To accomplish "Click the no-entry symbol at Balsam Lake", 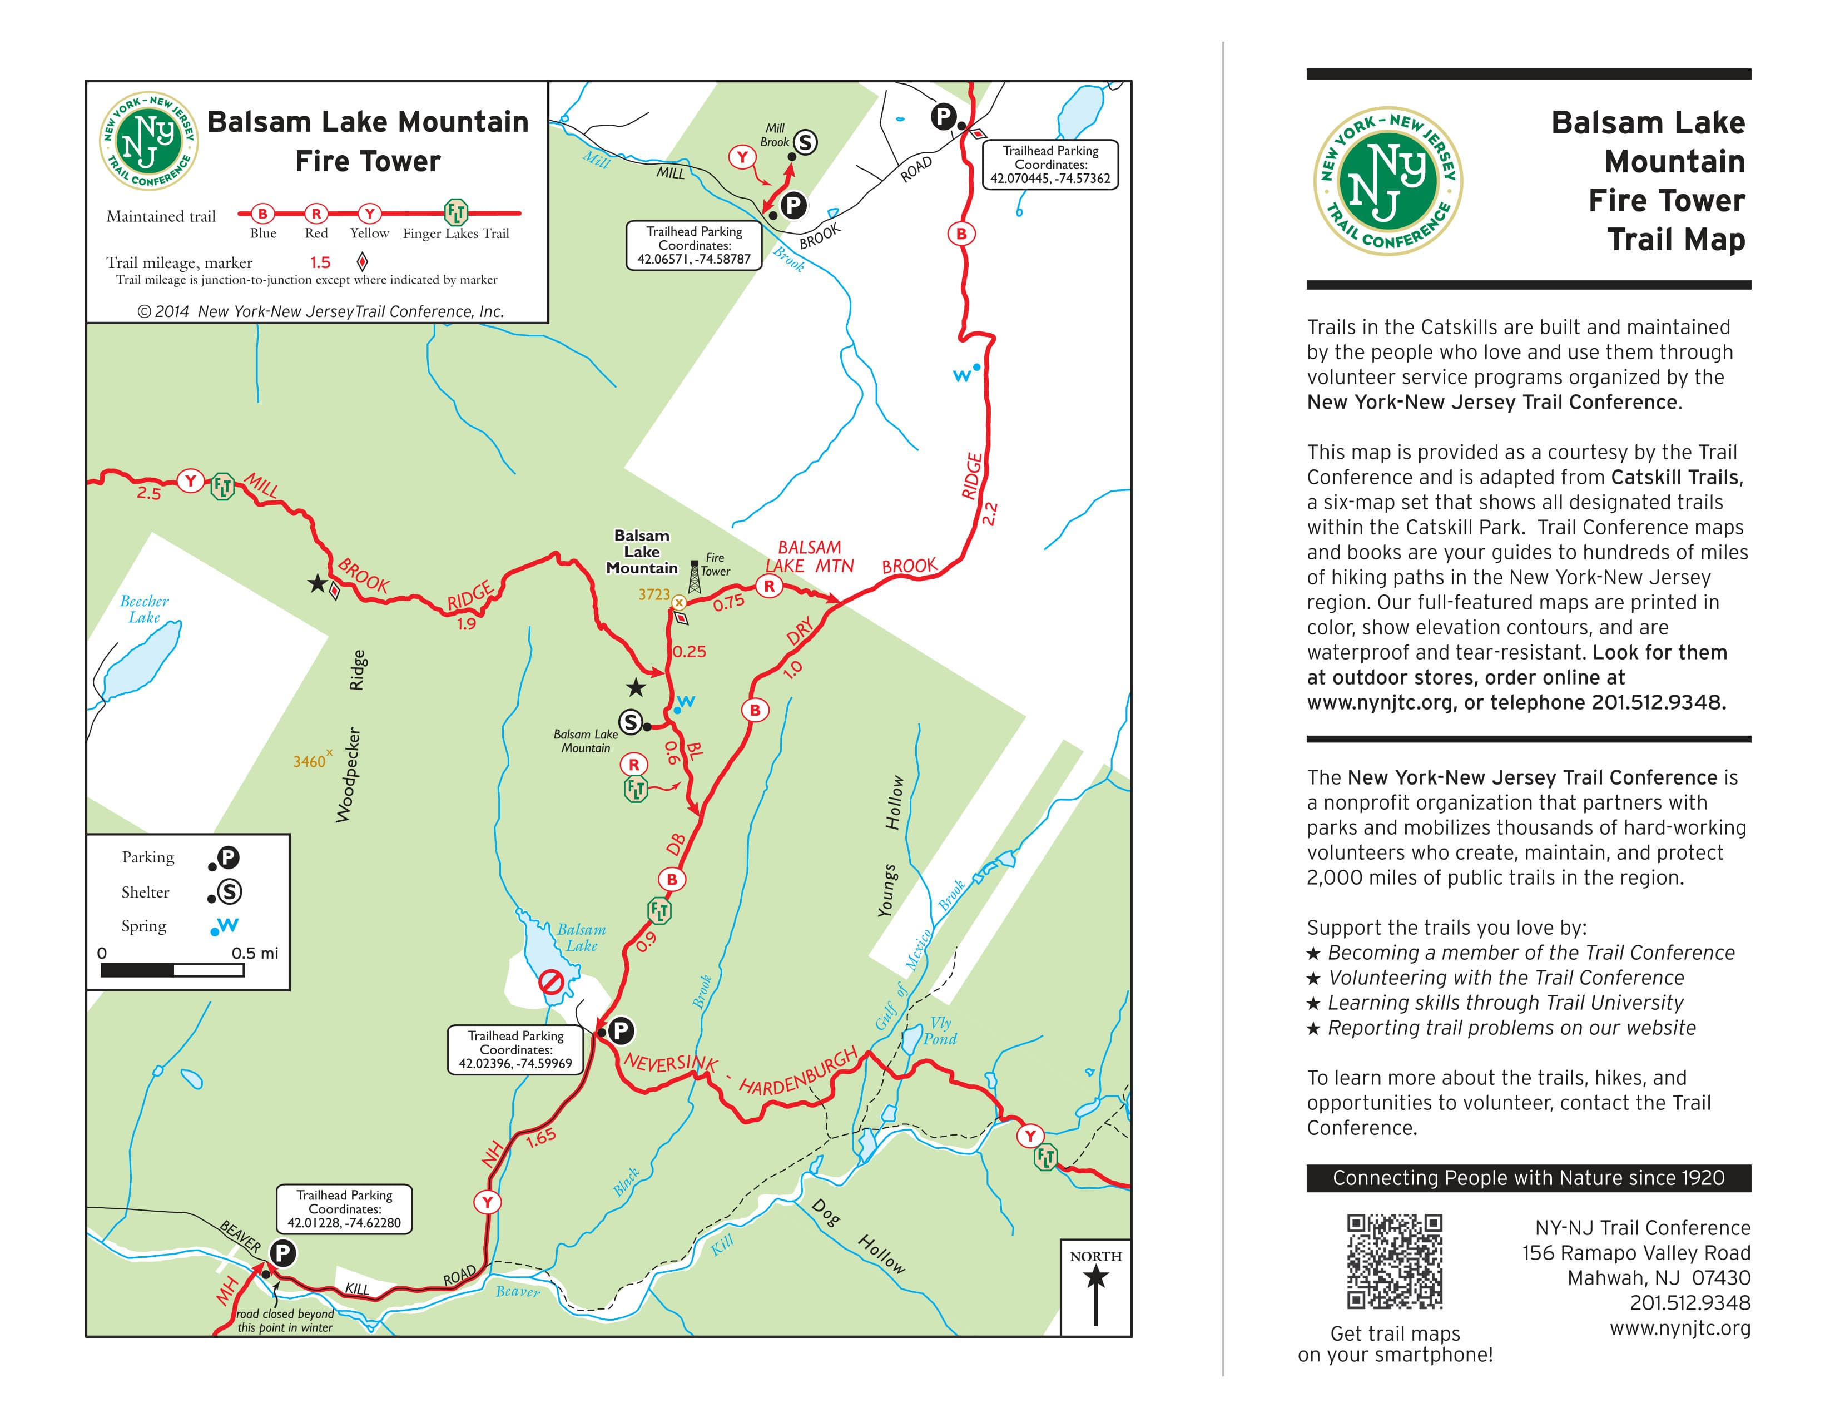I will point(551,982).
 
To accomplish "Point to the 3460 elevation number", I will point(309,762).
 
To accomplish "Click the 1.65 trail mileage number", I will point(540,1137).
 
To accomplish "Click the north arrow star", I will point(1095,1278).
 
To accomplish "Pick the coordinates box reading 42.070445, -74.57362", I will point(1050,165).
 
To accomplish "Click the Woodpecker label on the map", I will point(349,775).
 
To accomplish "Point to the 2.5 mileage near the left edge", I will point(148,494).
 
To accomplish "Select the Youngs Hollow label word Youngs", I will point(886,890).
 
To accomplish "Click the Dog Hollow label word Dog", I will point(826,1212).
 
